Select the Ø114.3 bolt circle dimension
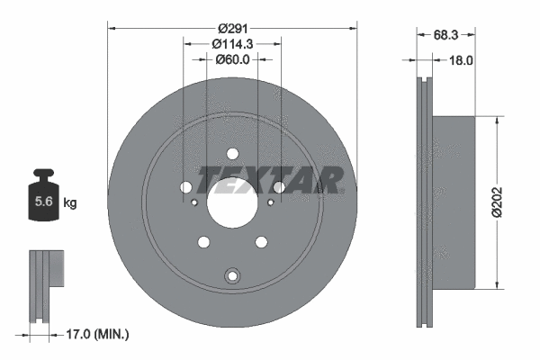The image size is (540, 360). tap(232, 42)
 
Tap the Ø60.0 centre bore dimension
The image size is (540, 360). tap(232, 59)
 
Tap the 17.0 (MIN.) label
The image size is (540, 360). tap(98, 334)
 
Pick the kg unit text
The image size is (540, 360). tap(70, 203)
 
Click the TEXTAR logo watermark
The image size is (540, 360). tap(269, 180)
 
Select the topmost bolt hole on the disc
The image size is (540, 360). tap(232, 153)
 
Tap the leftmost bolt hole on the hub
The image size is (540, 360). tap(186, 187)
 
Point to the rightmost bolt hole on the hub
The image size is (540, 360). tap(279, 187)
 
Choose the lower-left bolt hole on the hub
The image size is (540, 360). tap(203, 241)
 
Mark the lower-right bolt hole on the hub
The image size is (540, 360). tap(261, 241)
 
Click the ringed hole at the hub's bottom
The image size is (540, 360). tap(232, 275)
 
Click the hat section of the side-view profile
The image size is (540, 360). tap(454, 202)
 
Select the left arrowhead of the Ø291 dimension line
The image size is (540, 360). tap(112, 25)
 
